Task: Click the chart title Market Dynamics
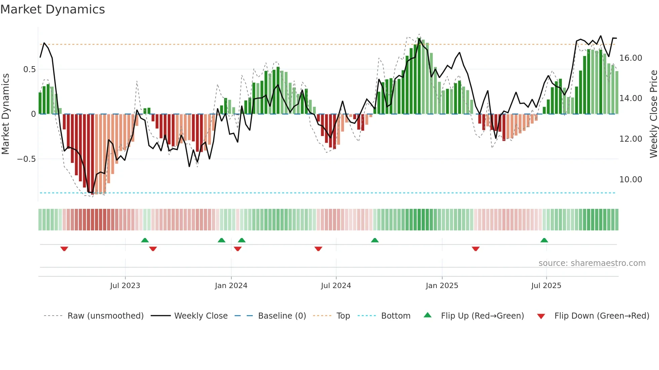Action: (52, 9)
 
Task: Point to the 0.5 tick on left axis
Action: (29, 70)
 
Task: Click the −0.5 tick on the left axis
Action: (27, 159)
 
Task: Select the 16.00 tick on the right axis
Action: (631, 58)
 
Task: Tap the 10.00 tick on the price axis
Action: (631, 180)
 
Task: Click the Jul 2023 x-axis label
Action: (125, 286)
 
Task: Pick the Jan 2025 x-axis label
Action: (442, 286)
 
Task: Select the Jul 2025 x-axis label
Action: (546, 286)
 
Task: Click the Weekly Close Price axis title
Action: (653, 114)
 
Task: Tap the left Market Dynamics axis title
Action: (5, 114)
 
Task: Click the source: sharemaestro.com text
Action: (592, 263)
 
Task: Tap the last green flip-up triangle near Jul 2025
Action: (544, 240)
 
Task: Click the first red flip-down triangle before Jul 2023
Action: (64, 249)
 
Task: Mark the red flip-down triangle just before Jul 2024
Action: (318, 249)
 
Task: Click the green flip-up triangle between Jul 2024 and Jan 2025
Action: (375, 240)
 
